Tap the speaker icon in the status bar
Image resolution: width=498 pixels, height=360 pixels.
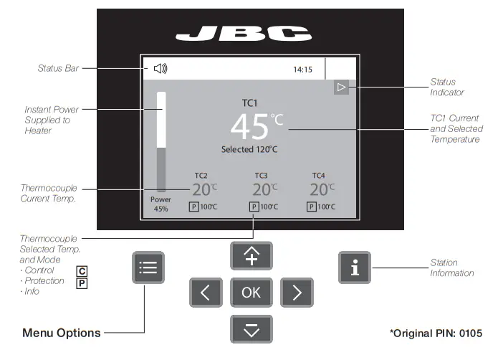coord(161,69)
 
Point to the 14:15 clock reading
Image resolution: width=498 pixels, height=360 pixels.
coord(303,70)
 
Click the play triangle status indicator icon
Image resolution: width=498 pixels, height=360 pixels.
coord(342,87)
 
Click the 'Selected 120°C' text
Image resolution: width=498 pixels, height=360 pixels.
coord(249,150)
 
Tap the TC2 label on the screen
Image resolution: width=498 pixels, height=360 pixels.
coord(201,175)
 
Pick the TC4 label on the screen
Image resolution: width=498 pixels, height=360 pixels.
coord(318,175)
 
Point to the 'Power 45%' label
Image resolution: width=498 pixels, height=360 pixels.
coord(161,204)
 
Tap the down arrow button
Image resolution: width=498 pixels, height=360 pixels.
coord(251,328)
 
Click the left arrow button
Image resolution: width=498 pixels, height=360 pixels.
coord(205,292)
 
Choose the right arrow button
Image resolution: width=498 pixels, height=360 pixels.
coord(297,292)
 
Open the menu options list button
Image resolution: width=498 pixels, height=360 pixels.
coord(149,268)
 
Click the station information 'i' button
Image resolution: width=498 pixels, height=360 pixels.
coord(354,267)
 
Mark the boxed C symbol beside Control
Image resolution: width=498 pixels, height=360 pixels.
coord(82,271)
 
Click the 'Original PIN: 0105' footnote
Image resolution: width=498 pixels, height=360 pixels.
coord(436,333)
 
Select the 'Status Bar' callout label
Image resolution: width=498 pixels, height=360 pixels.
coord(58,69)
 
